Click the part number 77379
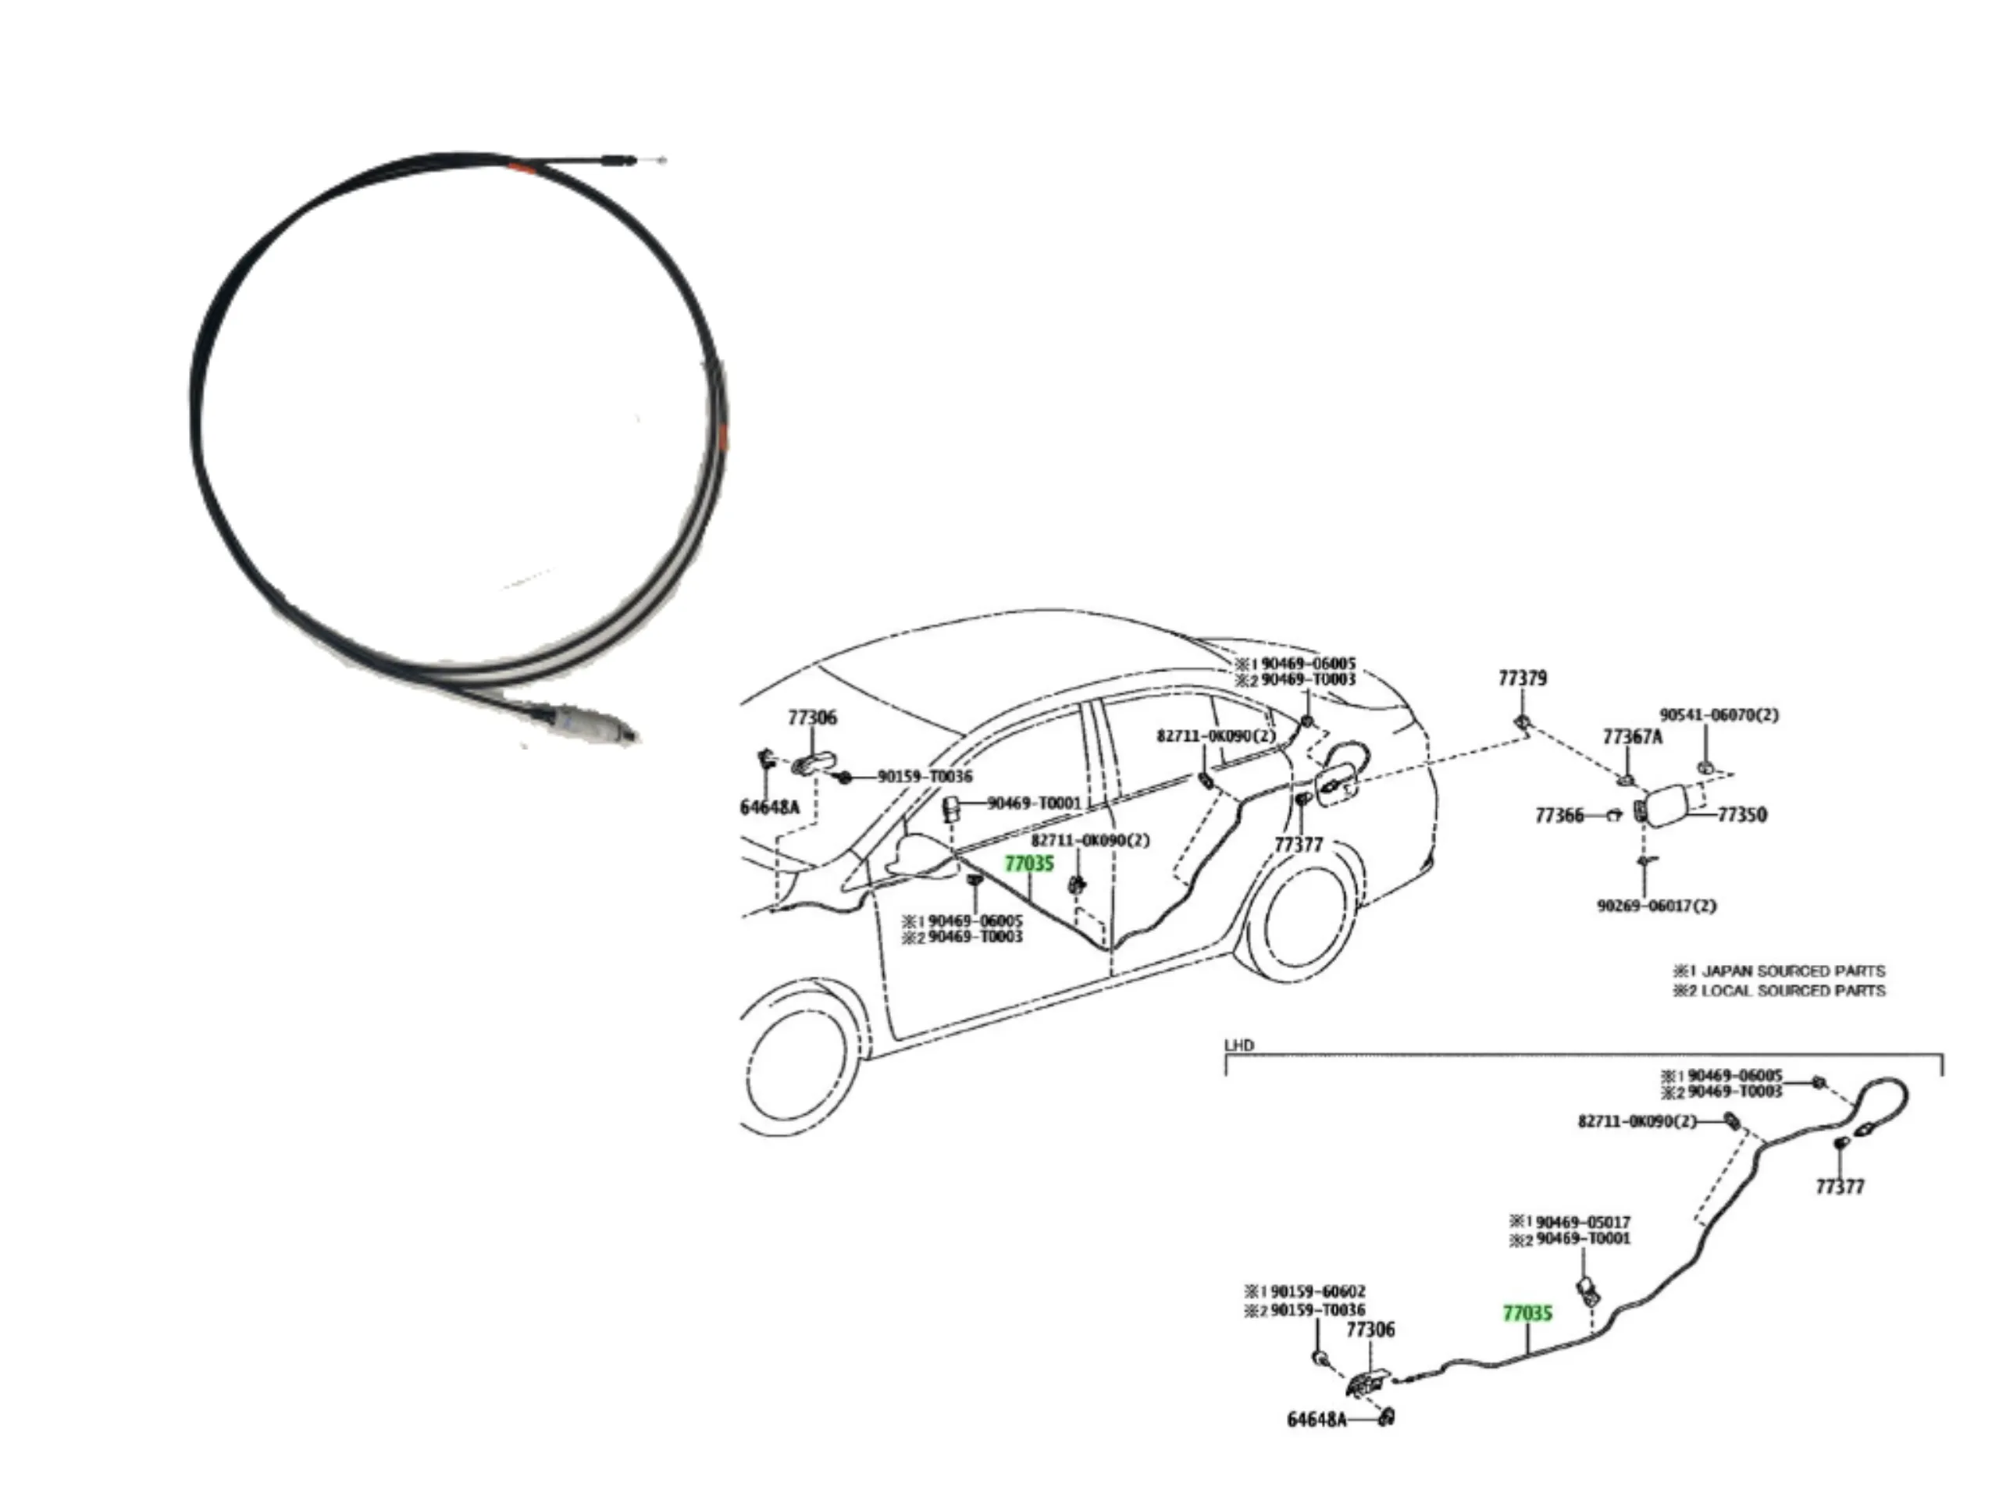tap(1523, 678)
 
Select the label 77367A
tap(1632, 736)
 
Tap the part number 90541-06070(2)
tap(1719, 714)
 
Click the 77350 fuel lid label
tap(1741, 814)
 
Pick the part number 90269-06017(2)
tap(1656, 906)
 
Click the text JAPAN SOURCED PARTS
tap(1793, 971)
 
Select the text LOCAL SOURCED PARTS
tap(1793, 992)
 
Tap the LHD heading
tap(1239, 1045)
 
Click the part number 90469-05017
tap(1584, 1222)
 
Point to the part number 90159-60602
tap(1317, 1291)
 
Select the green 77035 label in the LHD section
tap(1527, 1313)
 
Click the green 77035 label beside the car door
tap(1029, 863)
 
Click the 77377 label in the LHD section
tap(1840, 1187)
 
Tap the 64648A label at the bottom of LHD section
tap(1316, 1419)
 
